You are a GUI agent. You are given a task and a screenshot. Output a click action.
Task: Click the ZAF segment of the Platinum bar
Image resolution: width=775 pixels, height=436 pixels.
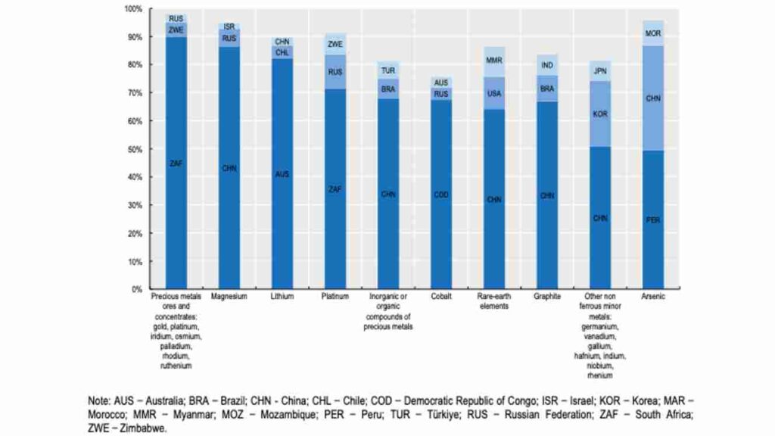(x=335, y=189)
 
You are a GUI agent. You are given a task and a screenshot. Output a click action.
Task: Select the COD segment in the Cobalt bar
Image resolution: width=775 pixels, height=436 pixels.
(x=441, y=195)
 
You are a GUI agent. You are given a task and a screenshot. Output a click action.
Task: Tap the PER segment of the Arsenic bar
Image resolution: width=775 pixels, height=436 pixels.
(x=653, y=220)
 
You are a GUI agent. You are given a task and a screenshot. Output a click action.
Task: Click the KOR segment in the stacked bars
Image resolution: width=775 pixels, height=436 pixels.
(x=600, y=114)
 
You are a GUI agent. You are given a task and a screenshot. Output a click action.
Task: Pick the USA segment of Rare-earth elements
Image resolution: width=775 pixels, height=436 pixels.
(x=494, y=93)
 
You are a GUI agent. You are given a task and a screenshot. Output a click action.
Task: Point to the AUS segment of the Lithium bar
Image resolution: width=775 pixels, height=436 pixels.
(x=282, y=174)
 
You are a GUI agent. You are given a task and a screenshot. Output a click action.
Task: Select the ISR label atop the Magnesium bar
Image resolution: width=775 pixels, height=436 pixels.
(x=229, y=26)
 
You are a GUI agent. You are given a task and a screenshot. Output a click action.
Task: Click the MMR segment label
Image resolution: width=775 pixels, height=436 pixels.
(x=494, y=60)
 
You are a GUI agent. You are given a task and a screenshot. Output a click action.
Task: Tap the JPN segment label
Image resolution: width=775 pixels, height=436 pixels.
(x=600, y=72)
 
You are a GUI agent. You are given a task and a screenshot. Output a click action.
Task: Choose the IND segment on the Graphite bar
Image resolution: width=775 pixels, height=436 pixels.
(x=547, y=65)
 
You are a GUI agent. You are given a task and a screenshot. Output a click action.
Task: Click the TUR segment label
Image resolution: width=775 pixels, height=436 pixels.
(x=388, y=70)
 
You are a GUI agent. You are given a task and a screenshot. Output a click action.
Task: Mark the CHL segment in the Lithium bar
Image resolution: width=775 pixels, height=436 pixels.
(x=282, y=53)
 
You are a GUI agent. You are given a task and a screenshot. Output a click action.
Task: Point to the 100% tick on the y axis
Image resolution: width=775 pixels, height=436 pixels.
(x=133, y=9)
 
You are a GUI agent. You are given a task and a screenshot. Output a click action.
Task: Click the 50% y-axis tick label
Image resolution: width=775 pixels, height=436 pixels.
(x=135, y=149)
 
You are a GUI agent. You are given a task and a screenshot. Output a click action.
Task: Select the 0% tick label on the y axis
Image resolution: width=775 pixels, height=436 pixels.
(x=137, y=289)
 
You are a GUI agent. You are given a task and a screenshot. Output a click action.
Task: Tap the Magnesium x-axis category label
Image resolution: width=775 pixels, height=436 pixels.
(x=229, y=297)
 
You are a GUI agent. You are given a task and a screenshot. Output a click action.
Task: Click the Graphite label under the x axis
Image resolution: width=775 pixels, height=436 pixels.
(x=547, y=297)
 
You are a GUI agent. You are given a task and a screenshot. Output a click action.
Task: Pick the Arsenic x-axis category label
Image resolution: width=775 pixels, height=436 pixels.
(x=653, y=297)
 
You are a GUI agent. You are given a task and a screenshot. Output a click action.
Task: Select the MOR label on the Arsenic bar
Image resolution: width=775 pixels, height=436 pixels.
(x=653, y=33)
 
